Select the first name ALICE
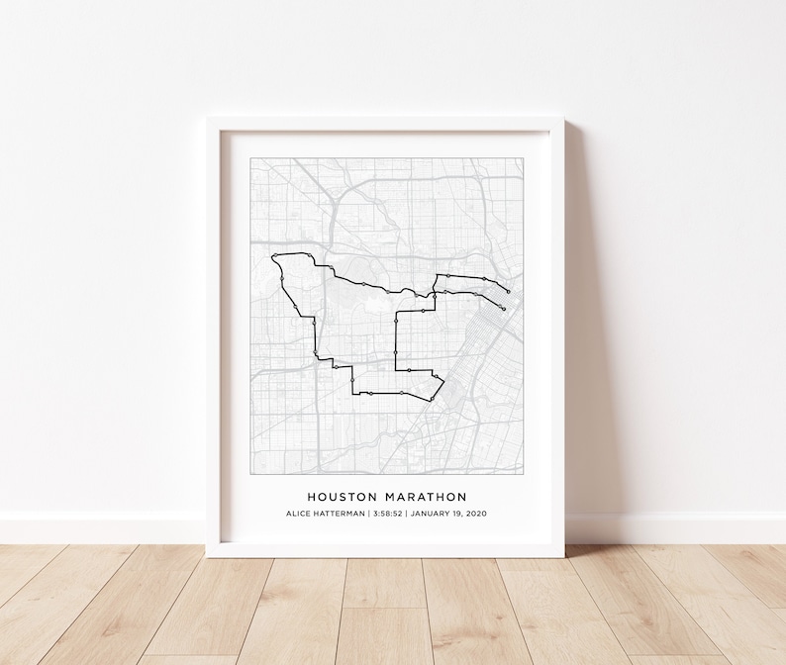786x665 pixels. pyautogui.click(x=299, y=514)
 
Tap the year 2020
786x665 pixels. pyautogui.click(x=477, y=514)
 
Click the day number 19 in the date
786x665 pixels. pyautogui.click(x=458, y=514)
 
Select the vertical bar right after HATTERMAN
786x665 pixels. pyautogui.click(x=368, y=514)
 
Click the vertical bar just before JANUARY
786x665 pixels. pyautogui.click(x=406, y=514)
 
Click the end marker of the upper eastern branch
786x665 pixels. pyautogui.click(x=508, y=292)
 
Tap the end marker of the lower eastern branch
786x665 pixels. pyautogui.click(x=504, y=309)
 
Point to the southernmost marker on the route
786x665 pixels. pyautogui.click(x=432, y=399)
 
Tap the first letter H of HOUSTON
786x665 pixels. pyautogui.click(x=311, y=497)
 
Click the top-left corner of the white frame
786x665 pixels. pyautogui.click(x=208, y=118)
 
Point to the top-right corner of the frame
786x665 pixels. pyautogui.click(x=562, y=118)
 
